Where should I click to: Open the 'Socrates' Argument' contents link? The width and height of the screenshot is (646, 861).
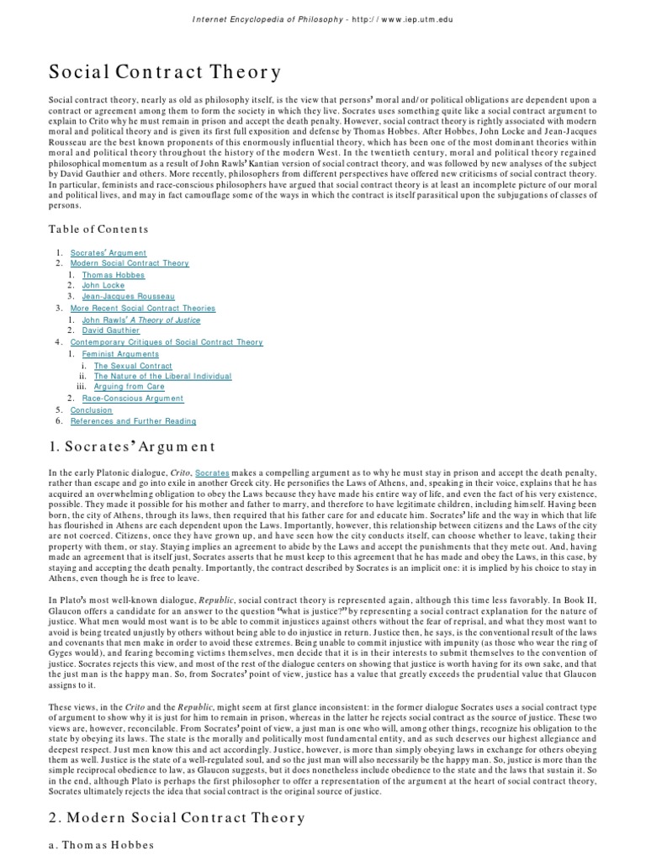[x=109, y=253]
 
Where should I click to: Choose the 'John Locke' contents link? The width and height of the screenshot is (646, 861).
[x=103, y=286]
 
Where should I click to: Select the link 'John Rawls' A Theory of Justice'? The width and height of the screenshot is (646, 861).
[x=141, y=320]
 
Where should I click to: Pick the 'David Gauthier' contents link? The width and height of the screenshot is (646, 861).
[x=111, y=331]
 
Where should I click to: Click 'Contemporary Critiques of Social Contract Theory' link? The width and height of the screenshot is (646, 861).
[x=167, y=342]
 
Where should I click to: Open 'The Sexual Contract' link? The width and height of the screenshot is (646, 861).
[x=133, y=366]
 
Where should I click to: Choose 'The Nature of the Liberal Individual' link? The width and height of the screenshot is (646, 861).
[x=162, y=376]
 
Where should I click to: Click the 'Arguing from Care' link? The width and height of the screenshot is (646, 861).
[x=130, y=387]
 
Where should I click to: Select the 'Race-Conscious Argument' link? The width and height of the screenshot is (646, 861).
[x=133, y=399]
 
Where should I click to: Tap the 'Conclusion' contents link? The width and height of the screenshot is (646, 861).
[x=92, y=409]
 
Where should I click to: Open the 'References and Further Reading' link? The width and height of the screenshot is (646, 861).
[x=133, y=421]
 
